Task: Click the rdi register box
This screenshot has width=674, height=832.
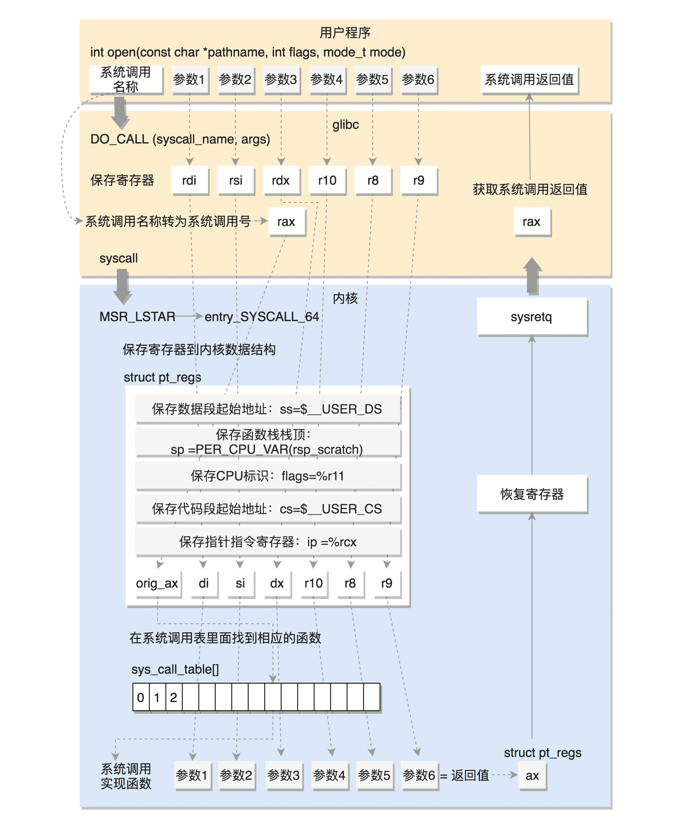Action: tap(189, 180)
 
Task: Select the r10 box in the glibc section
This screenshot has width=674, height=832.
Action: tap(327, 180)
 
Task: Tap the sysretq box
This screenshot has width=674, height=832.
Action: tap(532, 317)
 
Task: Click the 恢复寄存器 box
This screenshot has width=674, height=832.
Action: tap(532, 494)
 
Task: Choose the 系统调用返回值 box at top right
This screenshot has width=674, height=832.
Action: tap(529, 79)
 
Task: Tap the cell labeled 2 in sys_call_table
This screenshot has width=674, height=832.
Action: tap(174, 697)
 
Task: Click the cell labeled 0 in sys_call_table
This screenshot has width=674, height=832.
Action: tap(141, 697)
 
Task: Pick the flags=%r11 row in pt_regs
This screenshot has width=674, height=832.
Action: tap(268, 476)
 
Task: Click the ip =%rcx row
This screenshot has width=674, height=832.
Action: tap(268, 541)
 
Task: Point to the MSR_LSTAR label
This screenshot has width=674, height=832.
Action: tap(137, 317)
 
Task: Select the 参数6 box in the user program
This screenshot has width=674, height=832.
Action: tap(418, 79)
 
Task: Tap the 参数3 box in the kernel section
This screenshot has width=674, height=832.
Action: tap(283, 775)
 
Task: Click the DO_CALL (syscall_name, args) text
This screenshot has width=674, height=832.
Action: tap(180, 139)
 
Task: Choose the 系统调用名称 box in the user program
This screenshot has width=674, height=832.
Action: tap(125, 79)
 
